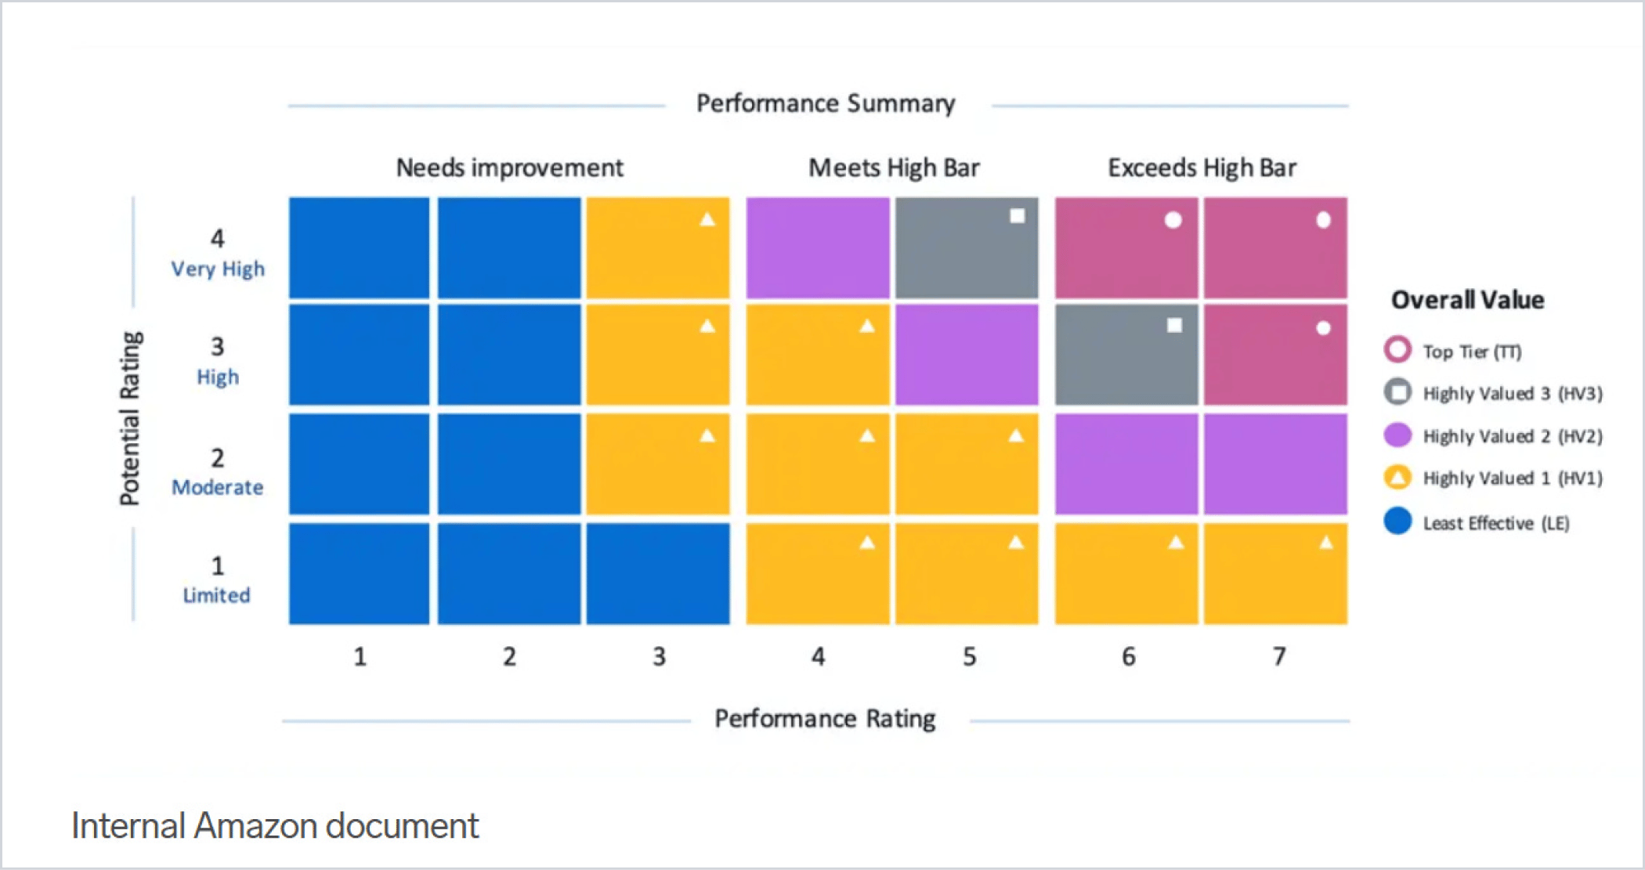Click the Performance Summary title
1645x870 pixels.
tap(826, 104)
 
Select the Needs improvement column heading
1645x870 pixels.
tap(509, 168)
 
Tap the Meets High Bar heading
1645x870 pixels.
tap(894, 168)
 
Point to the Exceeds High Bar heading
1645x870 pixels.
tap(1202, 168)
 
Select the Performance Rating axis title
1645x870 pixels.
tap(825, 719)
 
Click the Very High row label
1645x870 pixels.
tap(218, 269)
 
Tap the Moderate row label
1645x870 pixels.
tap(218, 488)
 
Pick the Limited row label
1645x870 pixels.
tap(216, 596)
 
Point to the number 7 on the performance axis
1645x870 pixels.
tap(1278, 656)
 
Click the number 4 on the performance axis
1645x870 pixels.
tap(818, 656)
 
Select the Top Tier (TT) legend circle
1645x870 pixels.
tap(1397, 350)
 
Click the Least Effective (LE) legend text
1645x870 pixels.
tap(1495, 524)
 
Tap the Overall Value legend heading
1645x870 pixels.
tap(1467, 300)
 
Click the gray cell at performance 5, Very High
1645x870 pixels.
tap(967, 247)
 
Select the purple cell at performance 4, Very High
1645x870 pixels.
tap(817, 247)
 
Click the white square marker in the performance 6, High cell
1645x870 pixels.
tap(1174, 325)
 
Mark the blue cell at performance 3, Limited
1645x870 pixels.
tap(658, 573)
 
